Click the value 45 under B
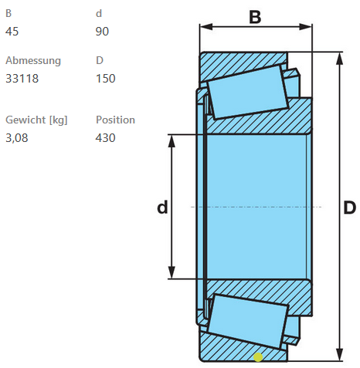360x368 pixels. [12, 32]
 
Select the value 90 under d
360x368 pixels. [102, 32]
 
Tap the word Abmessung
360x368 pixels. [33, 61]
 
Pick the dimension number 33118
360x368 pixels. [22, 79]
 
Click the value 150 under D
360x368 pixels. [106, 79]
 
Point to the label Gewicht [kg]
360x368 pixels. [36, 120]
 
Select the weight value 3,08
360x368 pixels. [16, 138]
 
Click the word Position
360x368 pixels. [115, 120]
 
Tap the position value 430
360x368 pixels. [105, 138]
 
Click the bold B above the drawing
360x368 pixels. [255, 17]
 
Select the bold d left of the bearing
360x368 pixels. [162, 207]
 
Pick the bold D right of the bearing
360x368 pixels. [350, 208]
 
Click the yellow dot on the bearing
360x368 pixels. [258, 357]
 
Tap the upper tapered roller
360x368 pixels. [248, 92]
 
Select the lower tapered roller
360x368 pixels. [248, 322]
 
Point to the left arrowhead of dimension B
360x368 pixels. [206, 26]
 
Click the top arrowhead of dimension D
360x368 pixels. [340, 59]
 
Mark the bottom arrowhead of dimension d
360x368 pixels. [172, 272]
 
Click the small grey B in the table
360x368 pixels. [8, 13]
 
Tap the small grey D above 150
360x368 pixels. [100, 60]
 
